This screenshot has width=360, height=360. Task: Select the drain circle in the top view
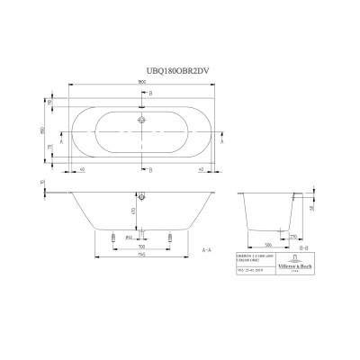click(140, 118)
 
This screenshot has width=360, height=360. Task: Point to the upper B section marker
click(149, 93)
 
